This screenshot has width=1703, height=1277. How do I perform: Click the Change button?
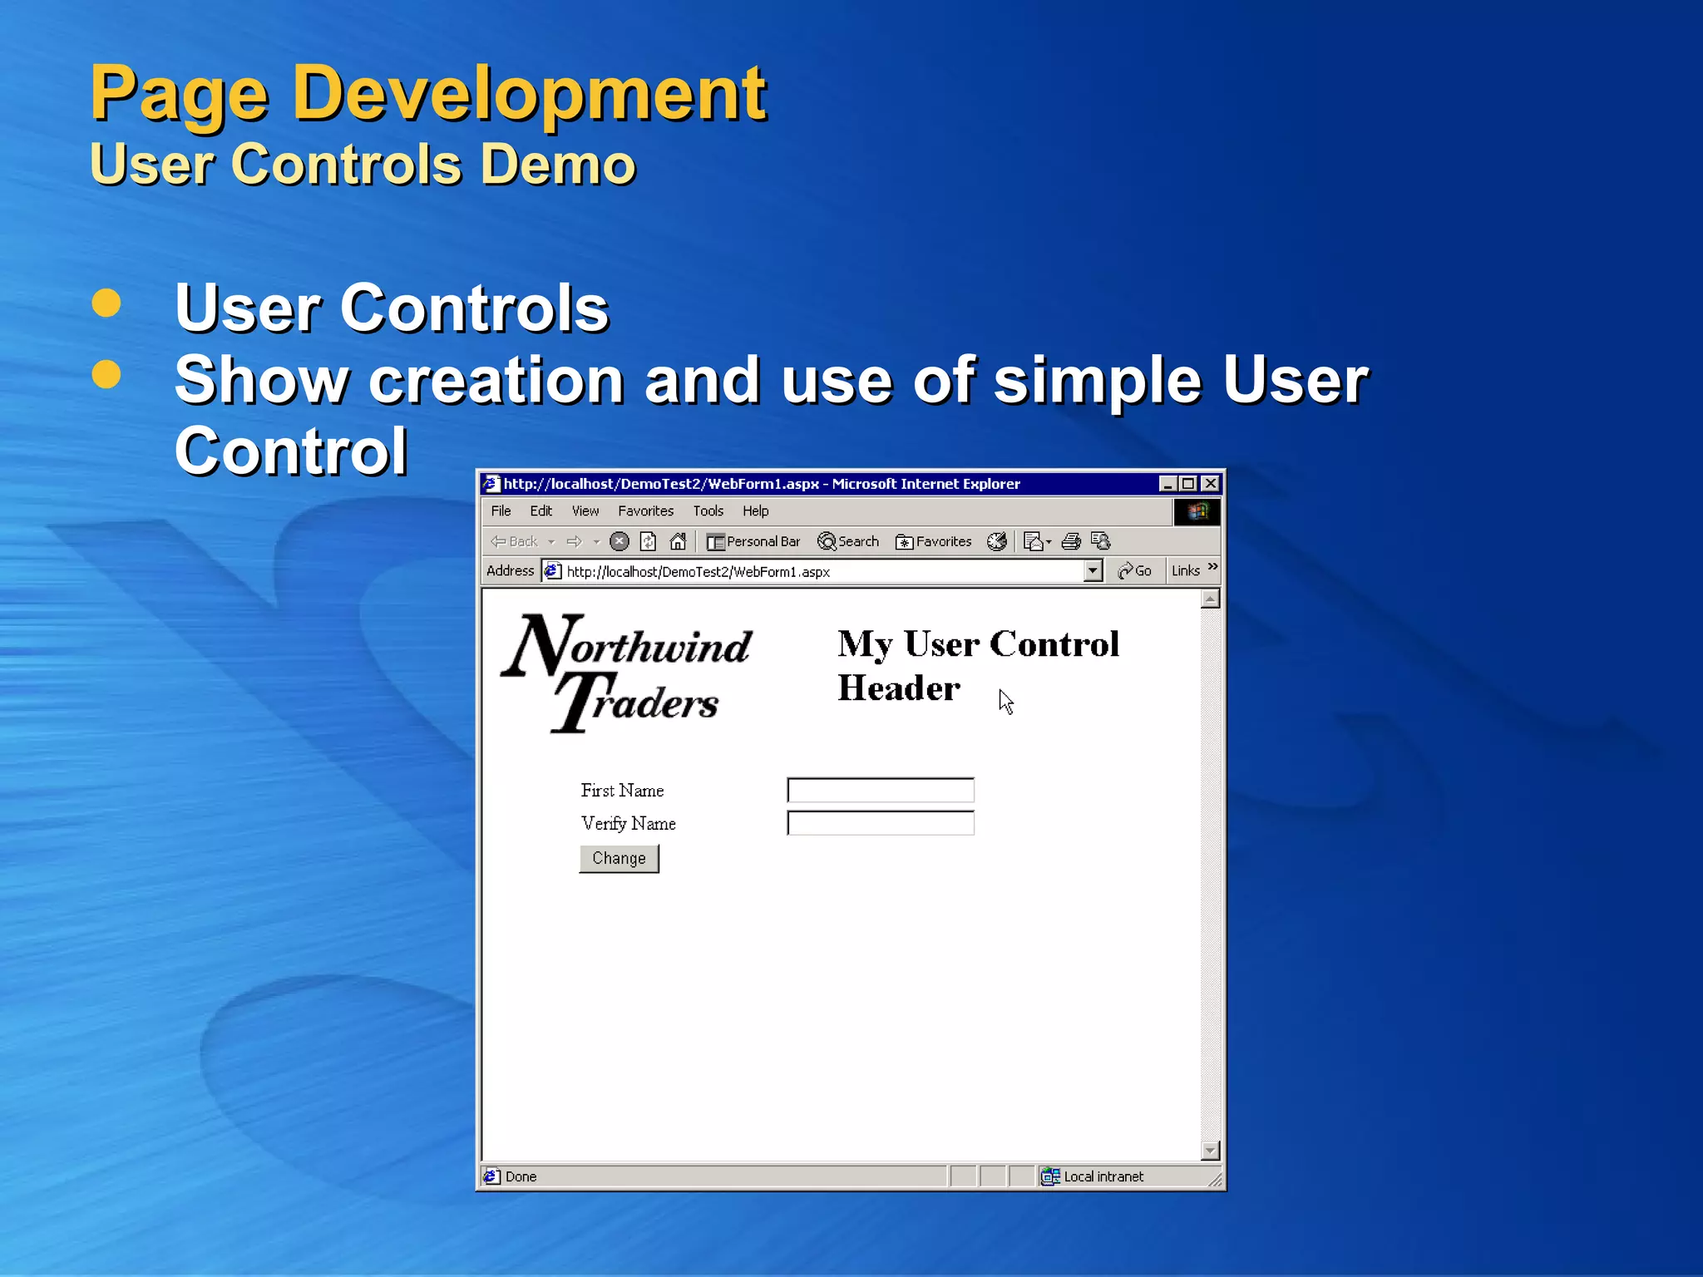pos(619,858)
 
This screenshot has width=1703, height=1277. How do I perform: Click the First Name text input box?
pos(880,790)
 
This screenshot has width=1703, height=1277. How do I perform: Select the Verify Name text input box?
pos(880,823)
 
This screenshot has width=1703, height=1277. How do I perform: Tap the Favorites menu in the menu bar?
pos(645,510)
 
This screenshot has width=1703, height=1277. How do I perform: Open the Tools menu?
pos(708,510)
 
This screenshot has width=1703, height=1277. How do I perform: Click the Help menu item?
pos(755,510)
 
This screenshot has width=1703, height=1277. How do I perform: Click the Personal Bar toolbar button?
pos(753,541)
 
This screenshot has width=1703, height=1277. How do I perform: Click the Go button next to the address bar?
pos(1135,570)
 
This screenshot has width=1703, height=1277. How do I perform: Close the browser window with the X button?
pos(1211,483)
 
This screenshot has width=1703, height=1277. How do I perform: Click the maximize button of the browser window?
pos(1188,483)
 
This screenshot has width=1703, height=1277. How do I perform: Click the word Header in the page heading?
pos(898,688)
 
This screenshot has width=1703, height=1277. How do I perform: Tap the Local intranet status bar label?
pos(1103,1176)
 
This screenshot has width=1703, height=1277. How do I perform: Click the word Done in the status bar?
pos(521,1176)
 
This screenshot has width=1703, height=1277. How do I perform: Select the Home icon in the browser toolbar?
pos(679,541)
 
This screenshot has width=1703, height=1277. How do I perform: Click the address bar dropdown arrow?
pos(1093,570)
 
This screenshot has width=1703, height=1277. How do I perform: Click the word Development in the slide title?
pos(529,93)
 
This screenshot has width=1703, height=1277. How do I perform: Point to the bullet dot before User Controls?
pos(106,303)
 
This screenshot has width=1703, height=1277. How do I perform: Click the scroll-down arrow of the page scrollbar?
pos(1210,1150)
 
